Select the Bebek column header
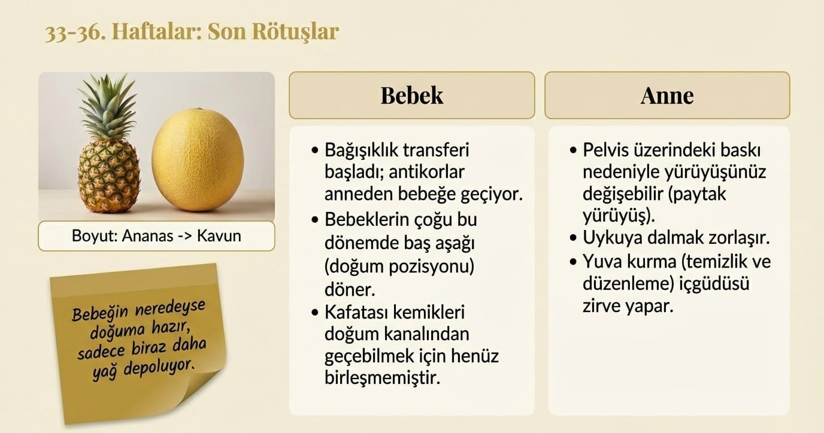tap(411, 95)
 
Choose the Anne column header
tap(667, 95)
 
